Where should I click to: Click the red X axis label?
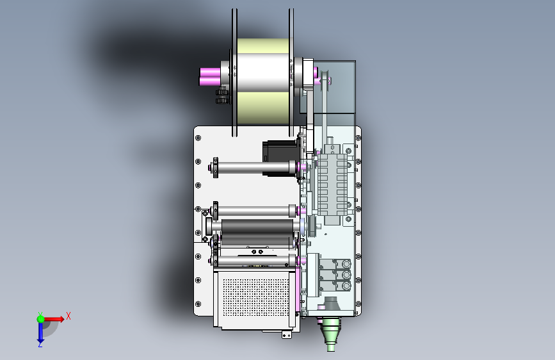point(68,316)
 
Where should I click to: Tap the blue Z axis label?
point(40,345)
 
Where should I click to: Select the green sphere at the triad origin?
point(41,319)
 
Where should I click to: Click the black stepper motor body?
point(280,158)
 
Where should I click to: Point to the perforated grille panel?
point(256,297)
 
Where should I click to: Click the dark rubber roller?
point(257,226)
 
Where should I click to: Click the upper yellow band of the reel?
point(262,45)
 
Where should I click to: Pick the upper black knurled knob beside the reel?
point(222,93)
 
